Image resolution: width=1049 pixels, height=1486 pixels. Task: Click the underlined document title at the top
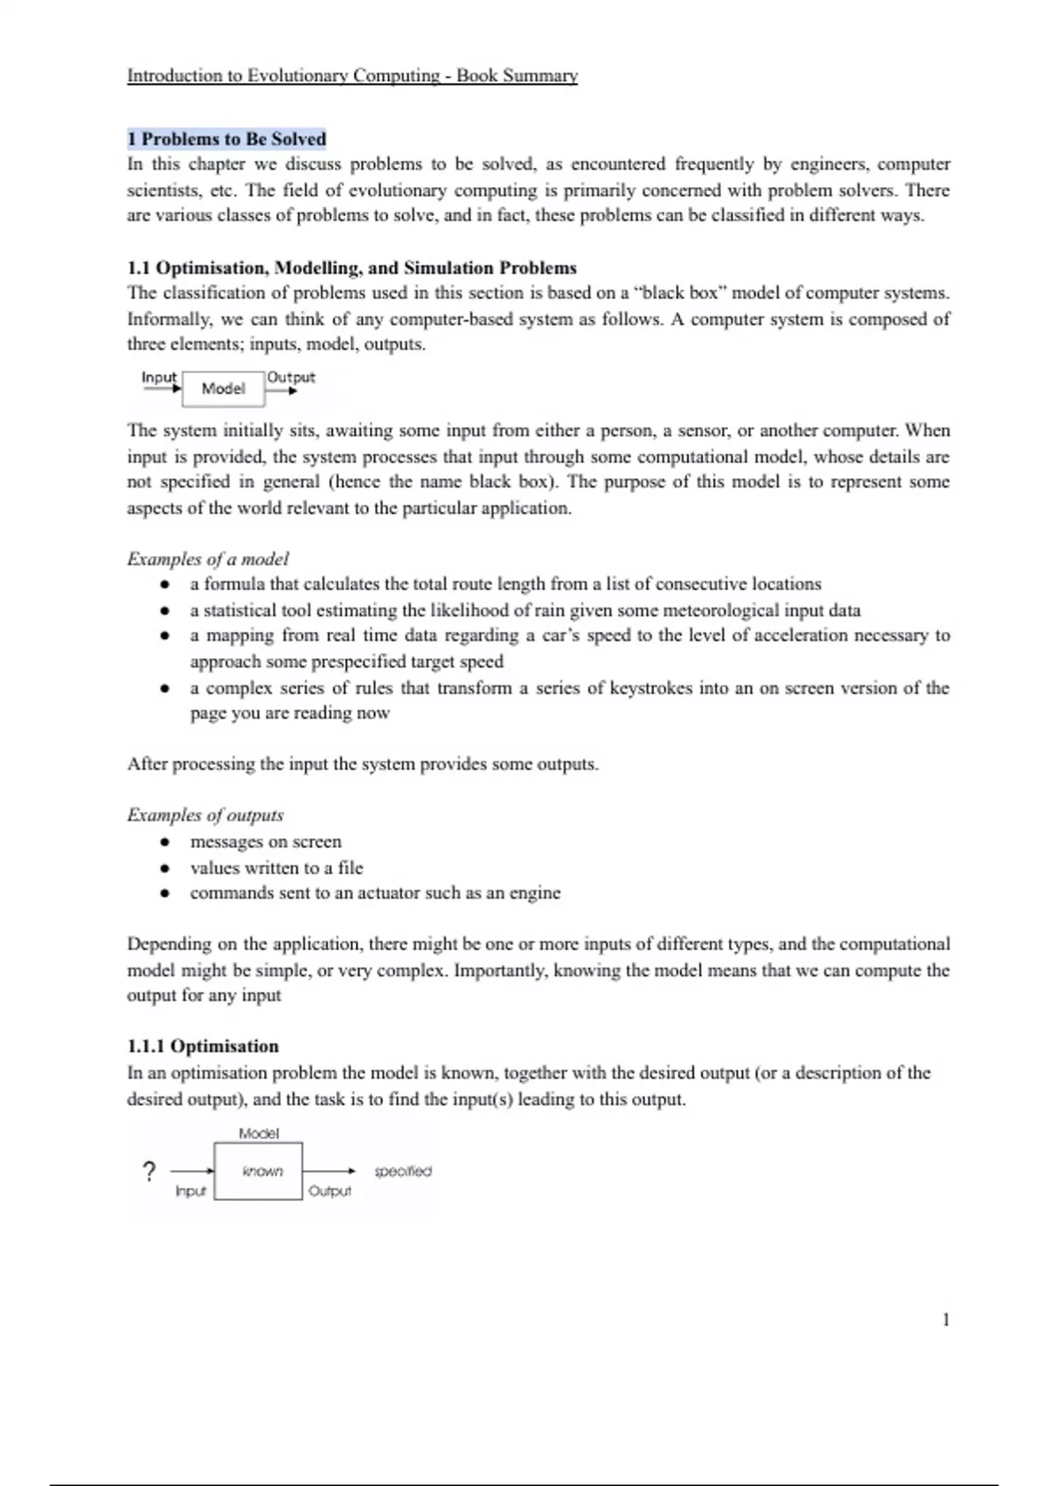[x=352, y=76]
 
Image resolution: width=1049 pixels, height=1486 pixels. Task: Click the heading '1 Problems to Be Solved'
[x=226, y=139]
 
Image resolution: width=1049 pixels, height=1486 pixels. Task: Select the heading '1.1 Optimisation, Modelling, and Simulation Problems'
[x=351, y=268]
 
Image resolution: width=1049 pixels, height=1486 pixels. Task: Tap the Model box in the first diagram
[x=223, y=389]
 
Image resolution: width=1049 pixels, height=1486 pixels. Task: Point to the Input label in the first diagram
[x=159, y=378]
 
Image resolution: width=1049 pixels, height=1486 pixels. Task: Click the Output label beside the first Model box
[x=291, y=378]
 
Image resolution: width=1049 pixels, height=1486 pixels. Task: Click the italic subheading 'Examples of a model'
[x=207, y=559]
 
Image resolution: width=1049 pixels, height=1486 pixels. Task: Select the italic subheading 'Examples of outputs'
[x=205, y=816]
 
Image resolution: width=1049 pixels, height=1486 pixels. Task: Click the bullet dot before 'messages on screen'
[x=164, y=843]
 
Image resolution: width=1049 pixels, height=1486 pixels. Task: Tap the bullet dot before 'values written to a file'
[x=164, y=869]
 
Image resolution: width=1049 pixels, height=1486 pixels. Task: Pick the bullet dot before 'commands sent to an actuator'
[x=164, y=894]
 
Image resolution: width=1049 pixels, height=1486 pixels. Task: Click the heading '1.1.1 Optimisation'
[x=203, y=1046]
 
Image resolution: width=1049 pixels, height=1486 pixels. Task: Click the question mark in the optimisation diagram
[x=149, y=1171]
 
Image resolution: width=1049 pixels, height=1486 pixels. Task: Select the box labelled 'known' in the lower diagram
[x=258, y=1171]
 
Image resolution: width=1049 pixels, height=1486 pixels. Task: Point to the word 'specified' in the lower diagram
[x=403, y=1171]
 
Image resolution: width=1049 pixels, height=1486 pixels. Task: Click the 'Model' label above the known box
[x=259, y=1134]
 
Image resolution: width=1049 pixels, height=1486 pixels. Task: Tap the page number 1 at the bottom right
[x=946, y=1320]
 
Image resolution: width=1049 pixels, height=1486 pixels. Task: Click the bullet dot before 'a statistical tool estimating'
[x=164, y=611]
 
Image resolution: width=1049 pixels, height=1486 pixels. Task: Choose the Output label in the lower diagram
[x=330, y=1191]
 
